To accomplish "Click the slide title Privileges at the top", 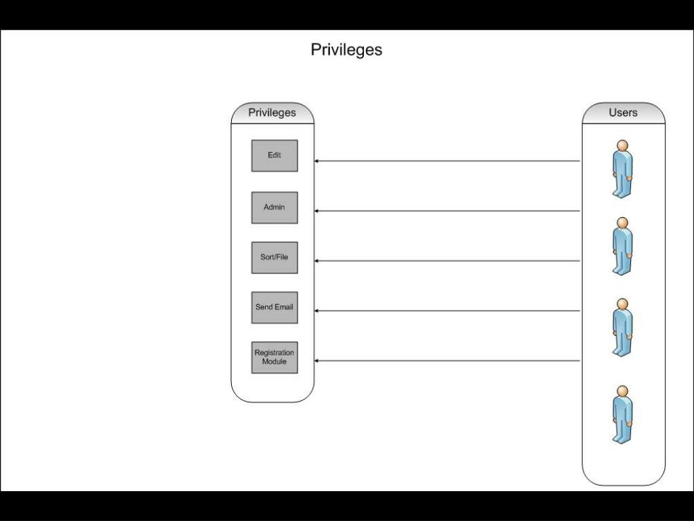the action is (x=346, y=50).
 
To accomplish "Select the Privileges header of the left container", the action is (x=272, y=113).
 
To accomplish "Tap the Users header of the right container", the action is (x=623, y=113).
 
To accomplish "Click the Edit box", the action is (x=274, y=155).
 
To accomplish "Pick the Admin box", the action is (x=274, y=207).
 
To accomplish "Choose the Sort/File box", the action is (x=274, y=257).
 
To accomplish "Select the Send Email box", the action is (x=274, y=307).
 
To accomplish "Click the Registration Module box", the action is (x=274, y=357).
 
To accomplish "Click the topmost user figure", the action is (x=622, y=169).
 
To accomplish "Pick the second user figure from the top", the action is (x=622, y=246).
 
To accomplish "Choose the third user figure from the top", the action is (x=622, y=328).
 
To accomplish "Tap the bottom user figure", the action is (x=622, y=414).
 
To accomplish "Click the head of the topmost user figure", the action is (x=622, y=145).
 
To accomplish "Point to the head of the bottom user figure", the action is (x=622, y=391).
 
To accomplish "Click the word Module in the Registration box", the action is (x=274, y=362).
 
